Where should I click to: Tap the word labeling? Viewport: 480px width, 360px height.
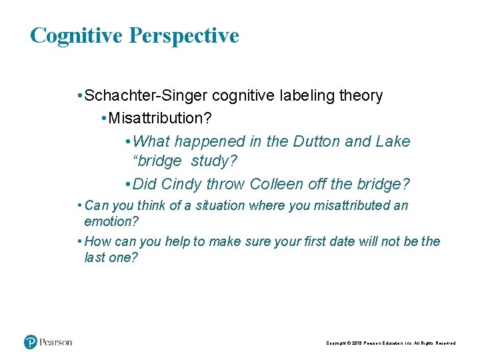click(x=293, y=96)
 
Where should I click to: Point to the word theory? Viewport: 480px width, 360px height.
click(x=361, y=96)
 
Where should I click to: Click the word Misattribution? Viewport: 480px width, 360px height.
click(x=158, y=119)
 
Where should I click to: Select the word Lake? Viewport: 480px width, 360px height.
click(x=394, y=141)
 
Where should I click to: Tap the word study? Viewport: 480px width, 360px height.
click(x=214, y=161)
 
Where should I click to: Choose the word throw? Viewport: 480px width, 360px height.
click(x=223, y=184)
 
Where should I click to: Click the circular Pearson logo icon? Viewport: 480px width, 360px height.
click(x=31, y=342)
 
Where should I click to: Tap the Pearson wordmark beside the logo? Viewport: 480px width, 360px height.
click(x=55, y=342)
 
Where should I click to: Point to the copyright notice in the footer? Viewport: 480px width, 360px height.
click(x=391, y=343)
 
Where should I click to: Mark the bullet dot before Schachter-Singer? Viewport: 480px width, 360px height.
click(x=79, y=97)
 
